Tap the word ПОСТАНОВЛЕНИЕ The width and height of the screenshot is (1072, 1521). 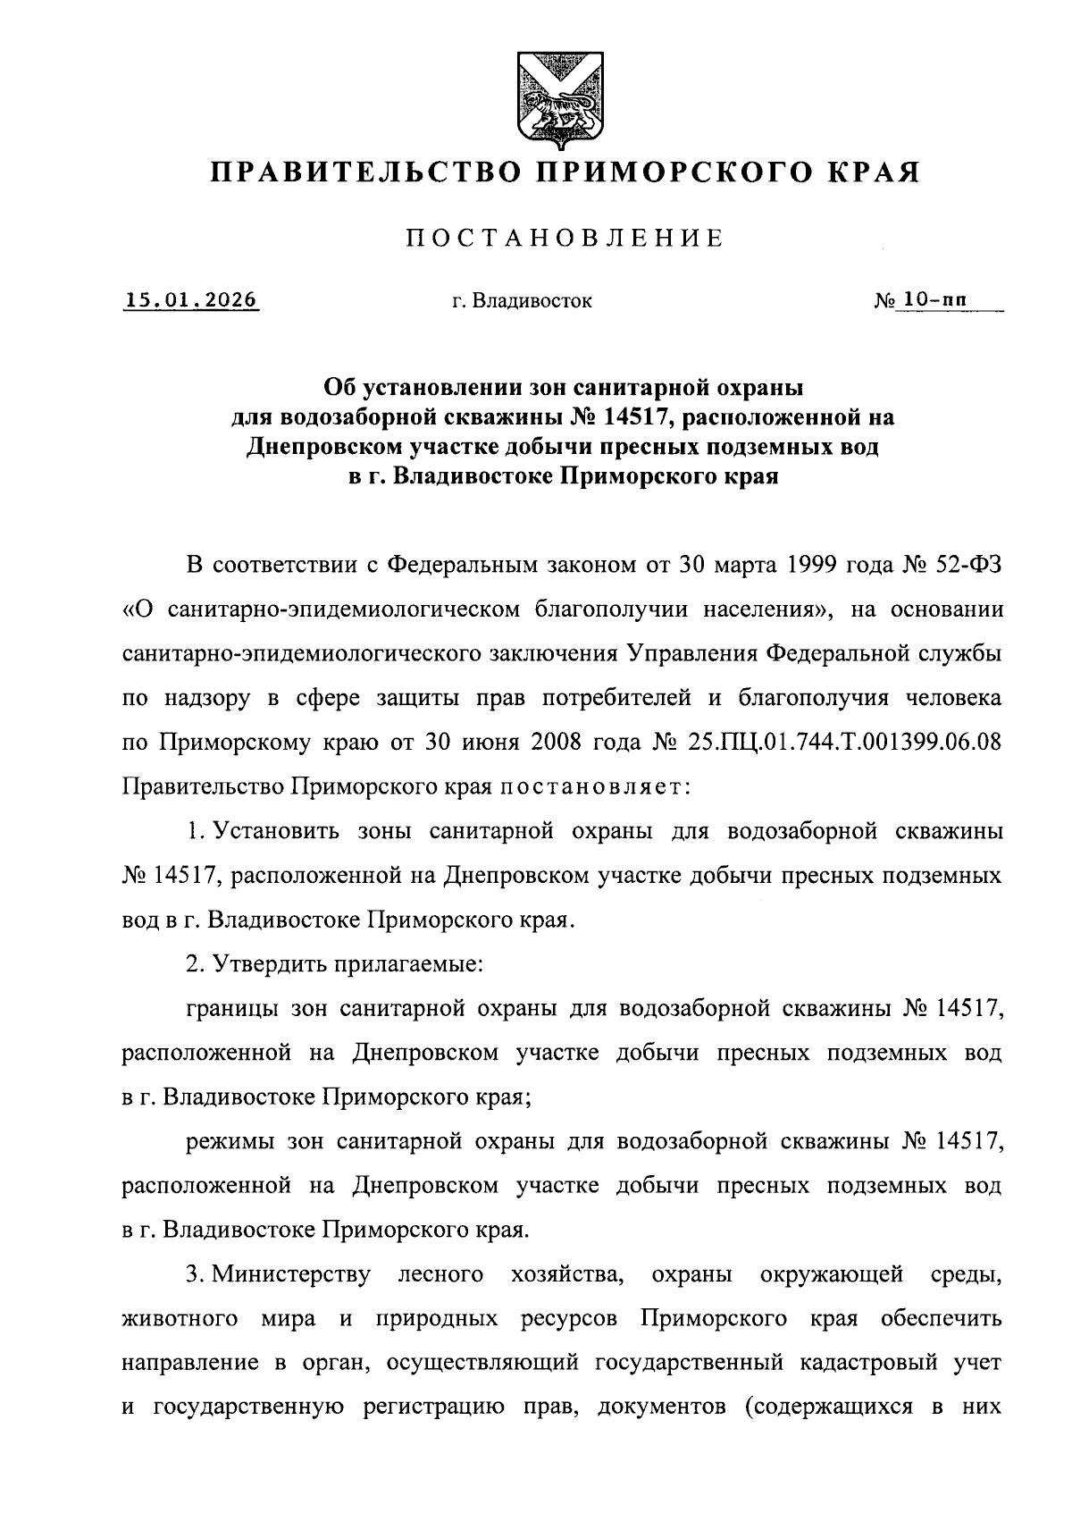coord(565,239)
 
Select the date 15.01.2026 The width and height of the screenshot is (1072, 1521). coord(191,300)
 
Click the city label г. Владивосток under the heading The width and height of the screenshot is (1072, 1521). coord(521,302)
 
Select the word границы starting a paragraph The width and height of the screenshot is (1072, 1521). coord(233,1009)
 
